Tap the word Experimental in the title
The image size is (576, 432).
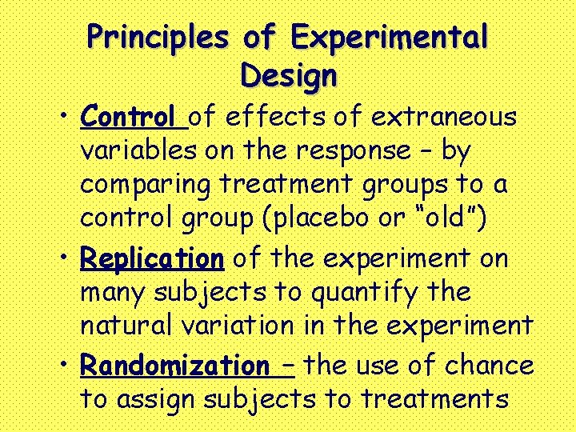pyautogui.click(x=390, y=37)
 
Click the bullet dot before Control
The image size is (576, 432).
pyautogui.click(x=62, y=118)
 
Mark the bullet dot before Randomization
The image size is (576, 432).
pyautogui.click(x=62, y=365)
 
